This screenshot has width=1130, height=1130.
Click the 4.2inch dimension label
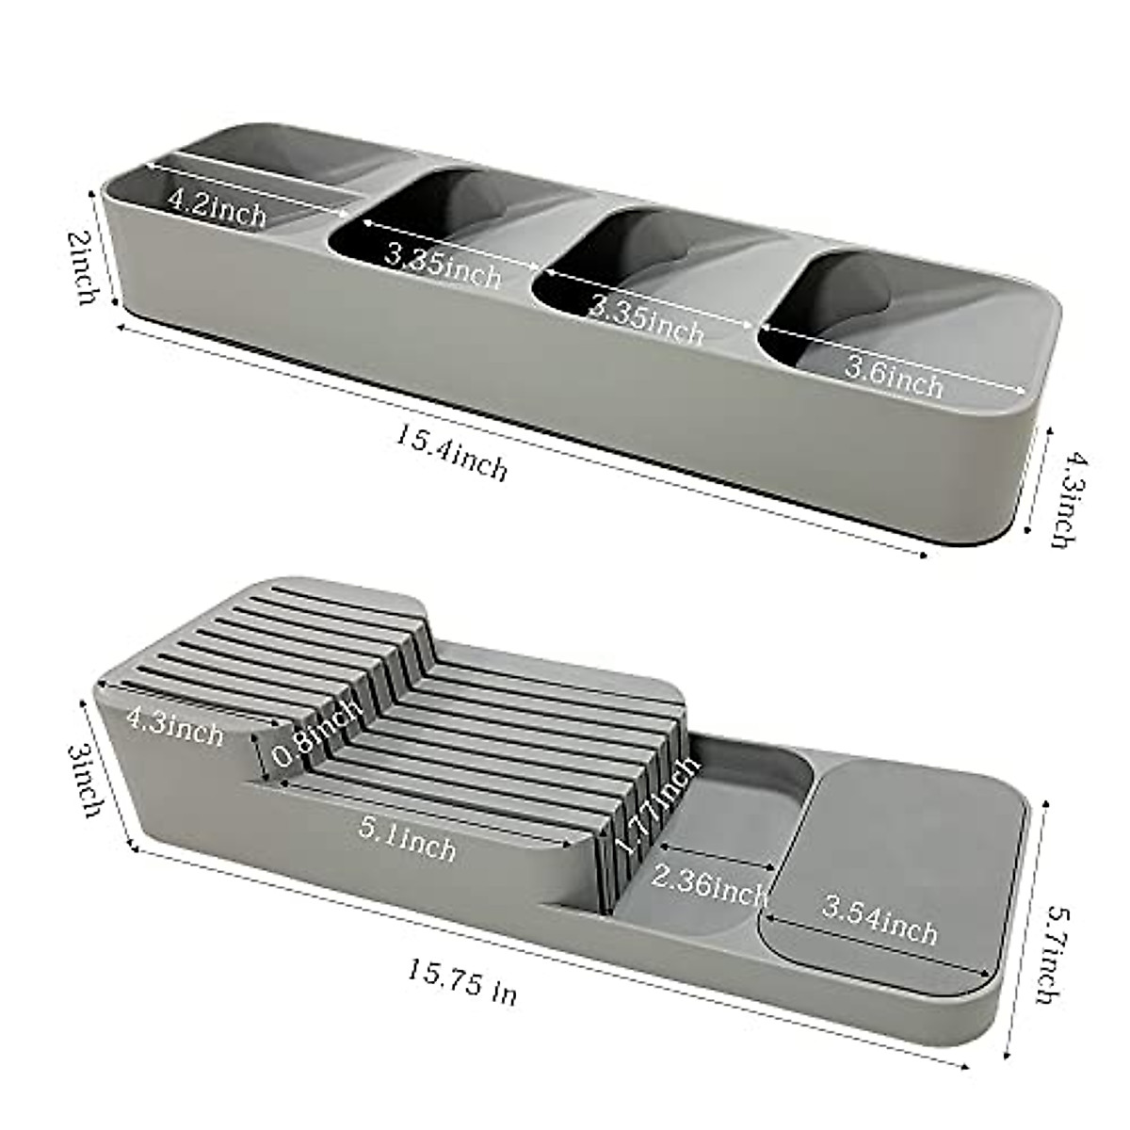pos(217,206)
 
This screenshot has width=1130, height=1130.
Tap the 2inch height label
pos(87,268)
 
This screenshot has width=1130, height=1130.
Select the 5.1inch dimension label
pos(407,838)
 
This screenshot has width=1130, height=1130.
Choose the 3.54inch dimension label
pos(880,921)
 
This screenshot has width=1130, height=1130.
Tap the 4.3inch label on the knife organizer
pos(175,727)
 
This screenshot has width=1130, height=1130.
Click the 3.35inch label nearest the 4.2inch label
pos(443,264)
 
